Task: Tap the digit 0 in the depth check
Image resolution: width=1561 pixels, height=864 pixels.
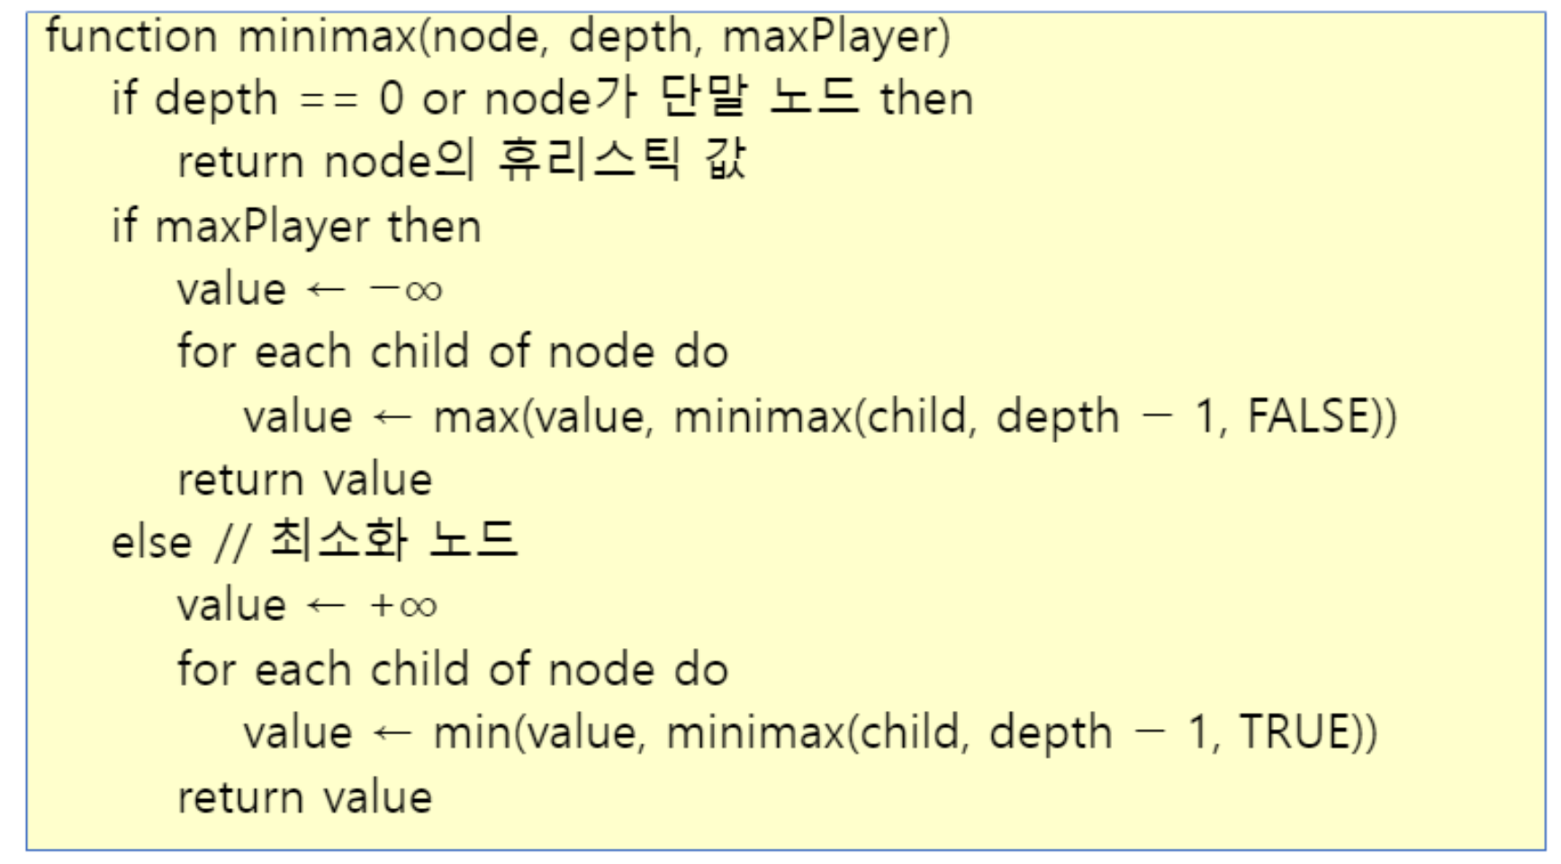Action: [392, 99]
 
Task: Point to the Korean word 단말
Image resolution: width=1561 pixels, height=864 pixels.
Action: [702, 97]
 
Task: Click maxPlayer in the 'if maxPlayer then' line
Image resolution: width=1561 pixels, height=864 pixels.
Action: [261, 227]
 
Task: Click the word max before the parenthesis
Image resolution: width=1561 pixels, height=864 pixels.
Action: [476, 418]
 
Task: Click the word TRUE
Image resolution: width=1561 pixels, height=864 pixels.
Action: [1295, 733]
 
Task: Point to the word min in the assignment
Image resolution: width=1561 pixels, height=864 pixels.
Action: [472, 733]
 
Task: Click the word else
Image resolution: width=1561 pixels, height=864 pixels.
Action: [151, 543]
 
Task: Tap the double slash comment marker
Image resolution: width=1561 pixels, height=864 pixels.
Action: [231, 543]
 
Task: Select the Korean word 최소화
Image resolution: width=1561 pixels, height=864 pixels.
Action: [338, 541]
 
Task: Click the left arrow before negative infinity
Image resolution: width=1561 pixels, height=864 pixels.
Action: [326, 290]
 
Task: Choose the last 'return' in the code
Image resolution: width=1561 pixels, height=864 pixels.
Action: [240, 797]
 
